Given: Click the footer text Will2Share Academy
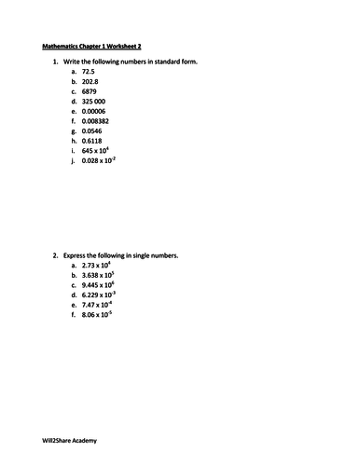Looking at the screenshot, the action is coord(70,439).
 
